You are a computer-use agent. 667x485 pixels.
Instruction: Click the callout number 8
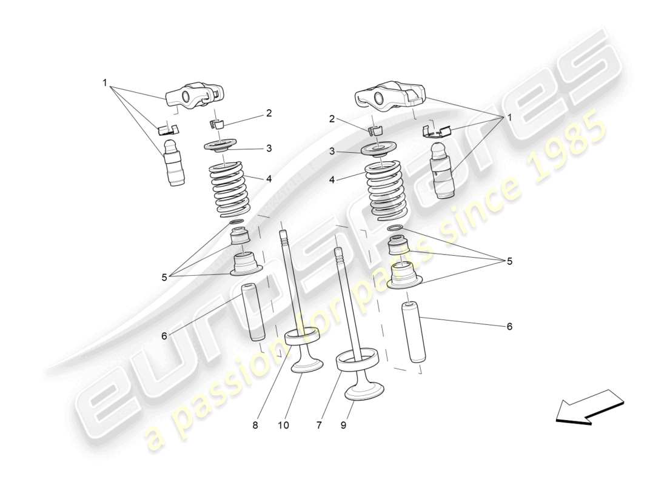click(255, 426)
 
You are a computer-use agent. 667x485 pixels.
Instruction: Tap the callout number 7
click(319, 426)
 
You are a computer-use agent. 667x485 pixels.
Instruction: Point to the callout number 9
click(344, 426)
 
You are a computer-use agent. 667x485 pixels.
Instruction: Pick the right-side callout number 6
click(509, 326)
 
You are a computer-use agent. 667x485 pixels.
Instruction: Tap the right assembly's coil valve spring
click(388, 188)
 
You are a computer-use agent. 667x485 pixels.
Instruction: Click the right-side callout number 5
click(509, 261)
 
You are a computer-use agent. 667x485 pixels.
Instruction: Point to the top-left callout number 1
click(105, 82)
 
